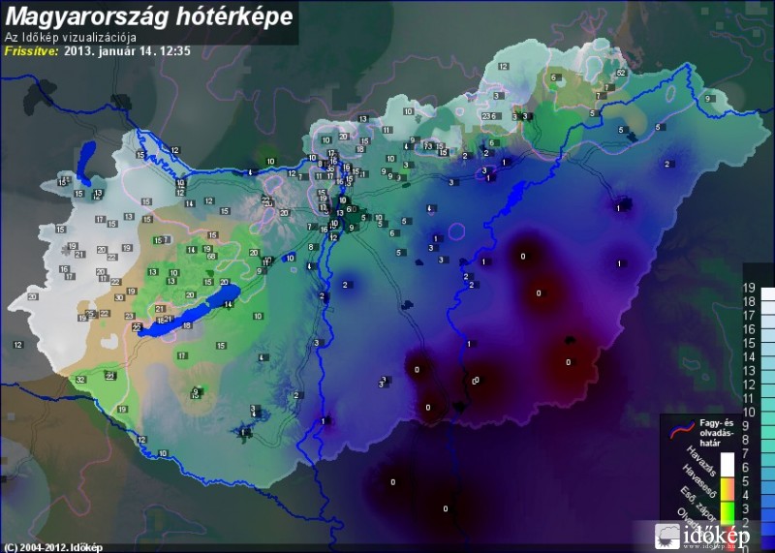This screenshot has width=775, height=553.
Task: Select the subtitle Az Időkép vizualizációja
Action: [67, 38]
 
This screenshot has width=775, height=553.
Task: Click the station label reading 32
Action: [80, 381]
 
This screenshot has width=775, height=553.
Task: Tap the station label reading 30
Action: [119, 298]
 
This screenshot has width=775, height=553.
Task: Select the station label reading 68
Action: [210, 257]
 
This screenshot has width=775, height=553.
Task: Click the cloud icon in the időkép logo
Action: [668, 535]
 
